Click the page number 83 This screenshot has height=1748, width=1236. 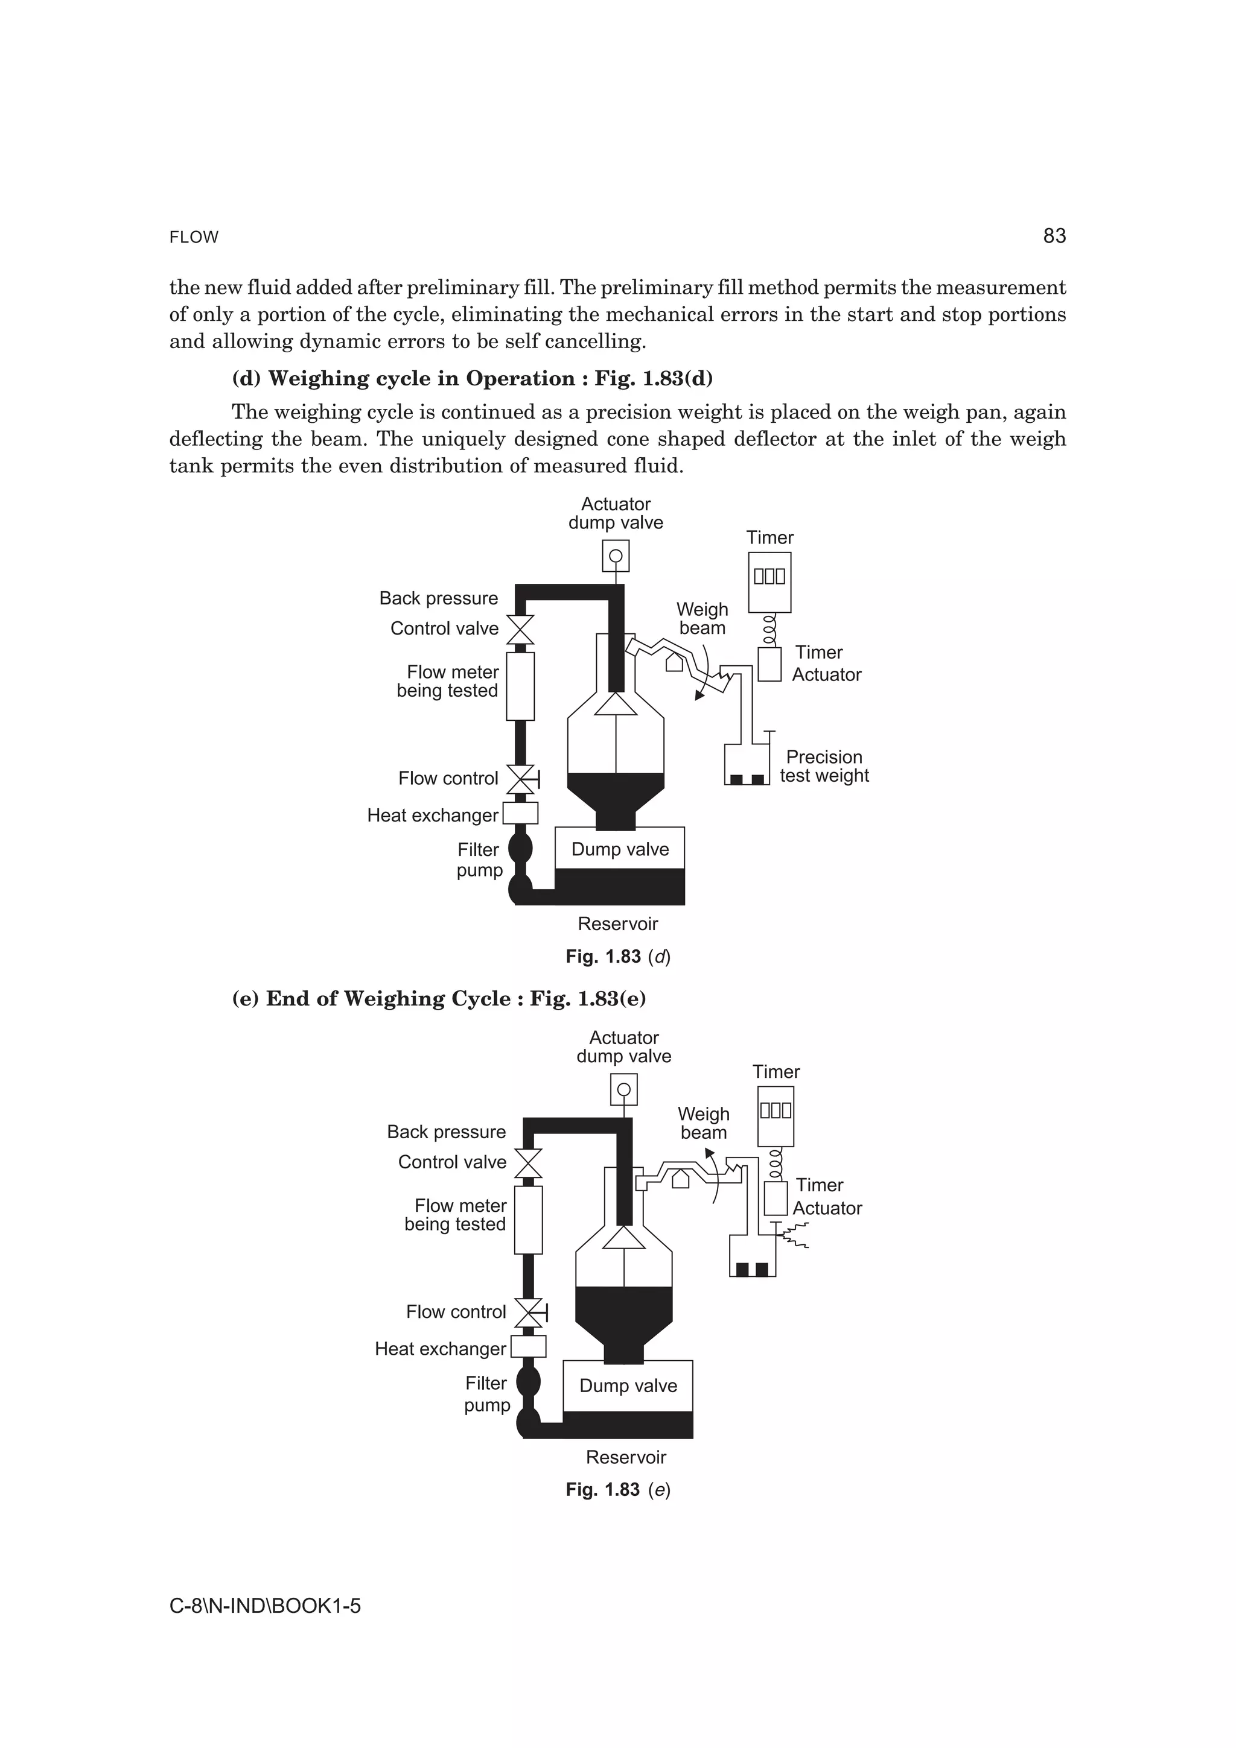point(1054,236)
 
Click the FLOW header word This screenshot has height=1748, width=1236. point(194,238)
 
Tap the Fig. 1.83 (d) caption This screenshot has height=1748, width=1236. point(617,957)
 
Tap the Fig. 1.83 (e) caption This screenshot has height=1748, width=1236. point(617,1490)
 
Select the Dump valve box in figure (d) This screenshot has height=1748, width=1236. point(620,849)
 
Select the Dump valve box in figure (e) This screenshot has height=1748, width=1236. point(628,1385)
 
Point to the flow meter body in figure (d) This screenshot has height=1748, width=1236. point(521,686)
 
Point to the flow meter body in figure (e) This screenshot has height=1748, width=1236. point(529,1220)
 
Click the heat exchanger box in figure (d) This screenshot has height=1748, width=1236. point(521,813)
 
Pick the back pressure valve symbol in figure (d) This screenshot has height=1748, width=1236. point(521,630)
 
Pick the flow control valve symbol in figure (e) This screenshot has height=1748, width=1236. point(529,1312)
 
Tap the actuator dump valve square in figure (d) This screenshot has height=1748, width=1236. point(616,556)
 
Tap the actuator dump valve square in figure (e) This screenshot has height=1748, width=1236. point(623,1089)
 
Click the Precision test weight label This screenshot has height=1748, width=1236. point(824,766)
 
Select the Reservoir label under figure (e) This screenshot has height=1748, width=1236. point(626,1457)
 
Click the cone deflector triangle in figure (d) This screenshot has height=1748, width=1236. point(616,703)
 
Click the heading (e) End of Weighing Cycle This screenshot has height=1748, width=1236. point(439,999)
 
